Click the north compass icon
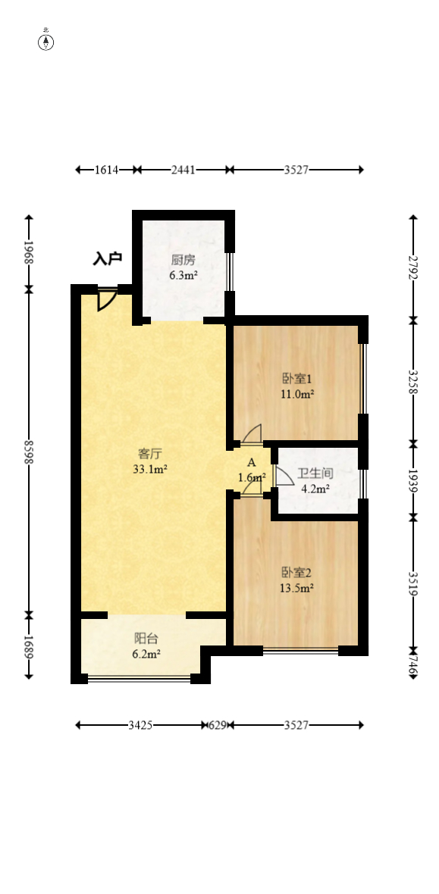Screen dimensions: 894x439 click(46, 41)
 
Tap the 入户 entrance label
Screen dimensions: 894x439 click(108, 259)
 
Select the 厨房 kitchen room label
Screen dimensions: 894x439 click(183, 261)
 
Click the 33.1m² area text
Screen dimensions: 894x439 click(150, 469)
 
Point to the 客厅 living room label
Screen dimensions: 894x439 click(150, 454)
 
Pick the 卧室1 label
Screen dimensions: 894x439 click(296, 379)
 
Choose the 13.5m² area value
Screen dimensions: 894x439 click(297, 586)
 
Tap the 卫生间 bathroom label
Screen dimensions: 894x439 click(315, 474)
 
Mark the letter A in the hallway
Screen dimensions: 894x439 click(251, 462)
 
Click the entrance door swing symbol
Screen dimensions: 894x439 click(106, 299)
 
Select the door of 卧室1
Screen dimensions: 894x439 click(252, 434)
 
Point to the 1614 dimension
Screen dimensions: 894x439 click(107, 170)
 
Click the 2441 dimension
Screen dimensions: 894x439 click(183, 170)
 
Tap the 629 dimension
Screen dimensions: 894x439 click(218, 725)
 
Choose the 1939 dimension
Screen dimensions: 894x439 click(413, 480)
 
